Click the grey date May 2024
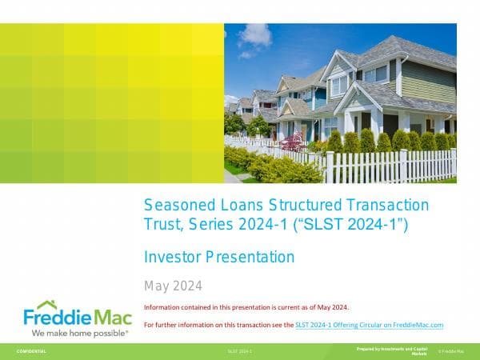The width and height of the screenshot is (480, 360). [173, 286]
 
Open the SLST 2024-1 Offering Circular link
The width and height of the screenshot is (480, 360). [369, 325]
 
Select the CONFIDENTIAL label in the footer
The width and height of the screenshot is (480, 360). [32, 351]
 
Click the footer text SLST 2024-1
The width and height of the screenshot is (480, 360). [239, 351]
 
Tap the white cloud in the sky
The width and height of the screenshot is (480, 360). [255, 35]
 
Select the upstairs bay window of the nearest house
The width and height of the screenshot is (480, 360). [340, 85]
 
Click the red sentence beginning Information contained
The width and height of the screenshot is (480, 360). [246, 307]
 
